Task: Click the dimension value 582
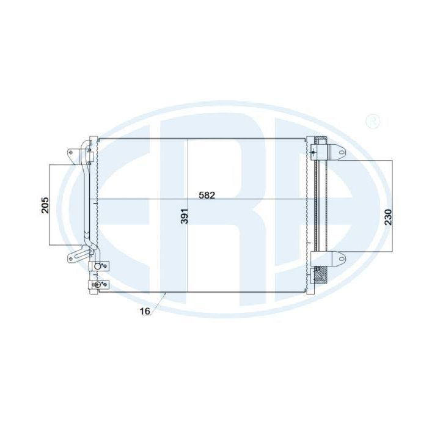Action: (x=207, y=196)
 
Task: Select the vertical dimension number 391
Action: (x=184, y=216)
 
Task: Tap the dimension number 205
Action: (x=45, y=205)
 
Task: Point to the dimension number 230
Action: (x=388, y=217)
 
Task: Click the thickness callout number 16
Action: (x=145, y=311)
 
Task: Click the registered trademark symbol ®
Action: (x=373, y=121)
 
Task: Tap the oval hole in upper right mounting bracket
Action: (x=341, y=152)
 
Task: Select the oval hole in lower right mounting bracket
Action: (x=341, y=258)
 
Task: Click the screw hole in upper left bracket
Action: (x=72, y=152)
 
